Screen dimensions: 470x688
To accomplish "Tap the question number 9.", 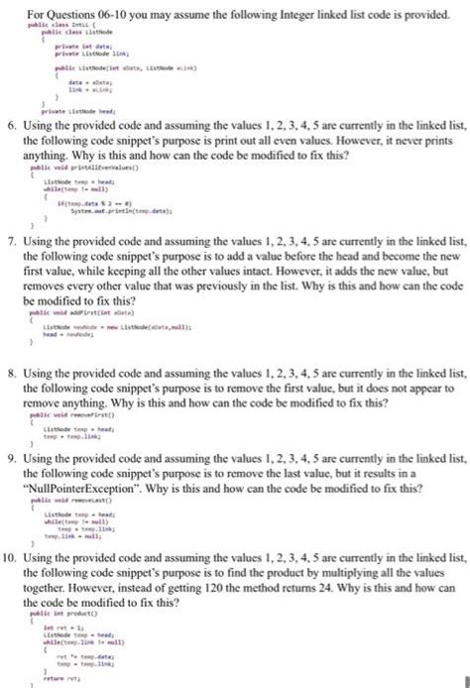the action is [x=11, y=464].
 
